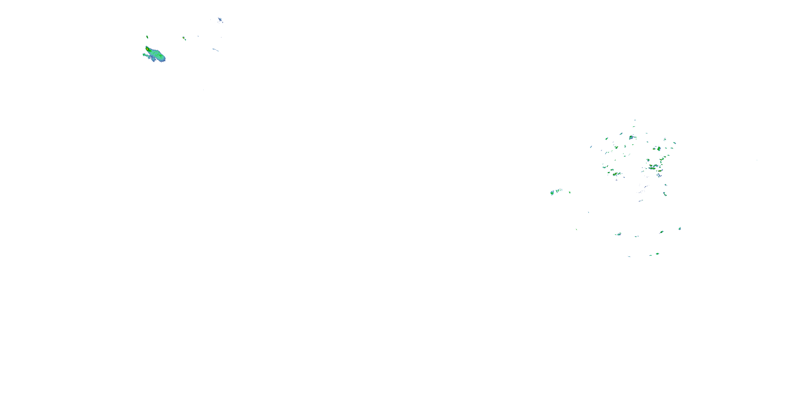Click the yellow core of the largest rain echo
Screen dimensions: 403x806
tap(147, 49)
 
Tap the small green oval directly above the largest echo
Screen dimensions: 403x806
tap(147, 37)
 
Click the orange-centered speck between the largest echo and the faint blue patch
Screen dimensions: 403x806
tap(184, 38)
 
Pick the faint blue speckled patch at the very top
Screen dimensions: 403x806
tap(220, 20)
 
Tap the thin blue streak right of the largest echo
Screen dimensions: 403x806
tap(215, 49)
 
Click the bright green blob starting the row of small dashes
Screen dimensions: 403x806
tap(552, 193)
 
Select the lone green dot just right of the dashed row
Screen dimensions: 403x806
tap(570, 192)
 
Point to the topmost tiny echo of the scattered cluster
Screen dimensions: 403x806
tap(635, 120)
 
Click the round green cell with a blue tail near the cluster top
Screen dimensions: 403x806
tap(631, 137)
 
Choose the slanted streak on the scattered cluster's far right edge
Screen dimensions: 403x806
tap(674, 143)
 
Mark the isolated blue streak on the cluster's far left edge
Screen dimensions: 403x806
tap(591, 147)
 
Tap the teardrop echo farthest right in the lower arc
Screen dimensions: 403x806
tap(680, 228)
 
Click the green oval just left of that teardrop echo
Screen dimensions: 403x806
tap(661, 232)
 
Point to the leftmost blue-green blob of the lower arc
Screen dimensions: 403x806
tap(618, 234)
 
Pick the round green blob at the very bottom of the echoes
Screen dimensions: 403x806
tap(657, 254)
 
